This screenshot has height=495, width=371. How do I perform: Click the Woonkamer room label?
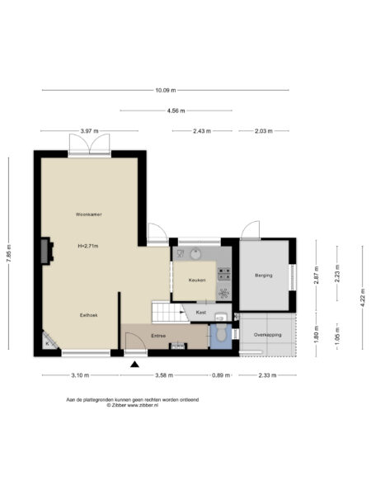click(x=88, y=214)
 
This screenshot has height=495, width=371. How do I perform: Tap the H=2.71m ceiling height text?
click(x=89, y=246)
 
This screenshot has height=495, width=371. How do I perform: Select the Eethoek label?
click(x=88, y=314)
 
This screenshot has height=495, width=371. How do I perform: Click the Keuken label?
click(x=196, y=280)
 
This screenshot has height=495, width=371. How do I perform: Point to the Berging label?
click(x=263, y=275)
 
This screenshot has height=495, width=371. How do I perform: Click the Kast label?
click(x=200, y=313)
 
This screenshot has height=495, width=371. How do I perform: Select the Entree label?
click(x=158, y=336)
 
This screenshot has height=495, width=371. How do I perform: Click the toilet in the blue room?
click(x=221, y=336)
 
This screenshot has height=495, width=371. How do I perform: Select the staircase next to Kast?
click(x=166, y=312)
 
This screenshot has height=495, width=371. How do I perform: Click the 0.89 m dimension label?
click(x=221, y=375)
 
